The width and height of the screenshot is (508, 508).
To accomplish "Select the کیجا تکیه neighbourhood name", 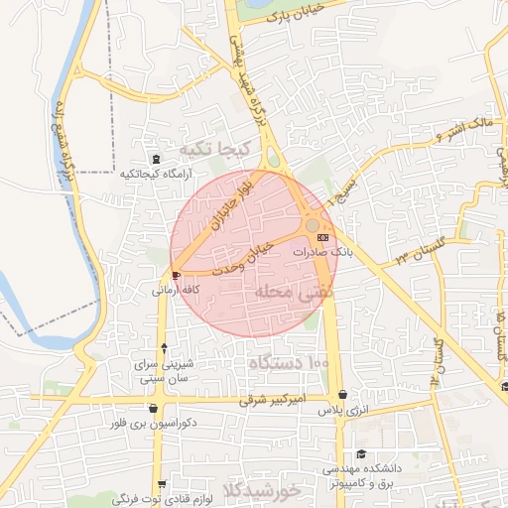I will tap(207, 150).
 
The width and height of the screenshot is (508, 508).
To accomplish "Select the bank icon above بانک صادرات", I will tap(322, 238).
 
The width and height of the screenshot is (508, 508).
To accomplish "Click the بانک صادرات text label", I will tap(322, 254).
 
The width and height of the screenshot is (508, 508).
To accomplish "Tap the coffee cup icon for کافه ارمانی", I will tap(177, 275).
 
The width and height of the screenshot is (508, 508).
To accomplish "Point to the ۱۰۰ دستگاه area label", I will tap(289, 364).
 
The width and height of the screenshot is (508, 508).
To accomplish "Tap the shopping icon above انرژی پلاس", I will tap(343, 394).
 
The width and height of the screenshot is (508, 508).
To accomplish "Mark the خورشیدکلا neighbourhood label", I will tap(290, 490).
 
